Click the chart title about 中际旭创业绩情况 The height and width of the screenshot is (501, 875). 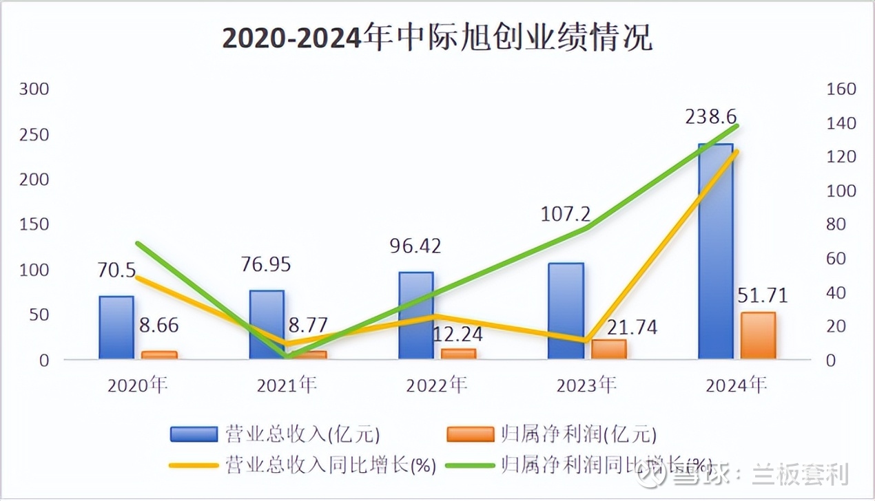coord(437,39)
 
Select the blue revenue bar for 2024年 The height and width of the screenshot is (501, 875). coord(715,251)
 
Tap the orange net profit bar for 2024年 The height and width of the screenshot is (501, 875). coord(758,335)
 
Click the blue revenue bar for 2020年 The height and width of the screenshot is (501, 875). coord(116,328)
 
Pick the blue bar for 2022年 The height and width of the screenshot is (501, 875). coord(416,315)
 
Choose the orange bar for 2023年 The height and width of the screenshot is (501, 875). coord(609,349)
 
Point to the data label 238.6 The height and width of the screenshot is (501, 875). coord(714,117)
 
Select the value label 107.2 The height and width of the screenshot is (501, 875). coord(565,214)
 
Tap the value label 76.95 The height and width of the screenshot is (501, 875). coord(266,264)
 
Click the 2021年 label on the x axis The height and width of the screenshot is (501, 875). coord(287,385)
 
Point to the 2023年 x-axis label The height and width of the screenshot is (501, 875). coord(586,385)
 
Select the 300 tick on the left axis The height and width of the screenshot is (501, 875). coord(34,89)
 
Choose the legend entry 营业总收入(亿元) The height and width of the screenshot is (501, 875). coord(276,434)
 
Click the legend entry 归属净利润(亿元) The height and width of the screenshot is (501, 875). coord(552,434)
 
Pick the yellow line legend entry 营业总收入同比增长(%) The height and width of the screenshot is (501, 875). coord(303,465)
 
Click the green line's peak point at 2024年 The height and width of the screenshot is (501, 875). coord(737,126)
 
